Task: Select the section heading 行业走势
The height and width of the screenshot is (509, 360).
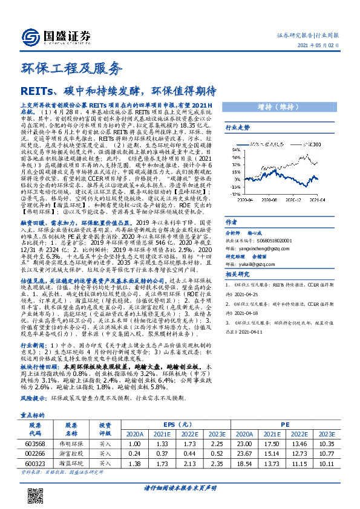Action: tap(237, 128)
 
